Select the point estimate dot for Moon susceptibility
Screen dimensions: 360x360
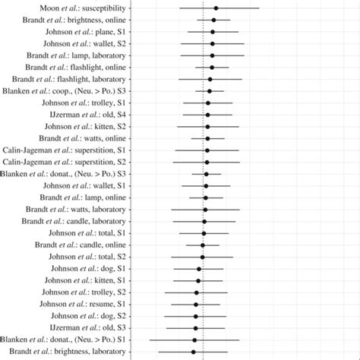tap(216, 8)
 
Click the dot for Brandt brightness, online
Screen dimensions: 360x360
tap(213, 20)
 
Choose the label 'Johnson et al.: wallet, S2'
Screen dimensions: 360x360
tap(84, 43)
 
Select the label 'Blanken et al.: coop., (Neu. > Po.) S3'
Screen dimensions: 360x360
tap(65, 91)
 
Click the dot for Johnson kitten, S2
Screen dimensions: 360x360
tap(207, 126)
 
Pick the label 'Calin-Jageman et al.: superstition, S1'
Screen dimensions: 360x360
tap(65, 150)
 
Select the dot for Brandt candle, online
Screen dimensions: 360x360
tap(203, 245)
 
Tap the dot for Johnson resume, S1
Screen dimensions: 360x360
tap(196, 304)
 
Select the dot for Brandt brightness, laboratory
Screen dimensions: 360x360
tap(194, 352)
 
